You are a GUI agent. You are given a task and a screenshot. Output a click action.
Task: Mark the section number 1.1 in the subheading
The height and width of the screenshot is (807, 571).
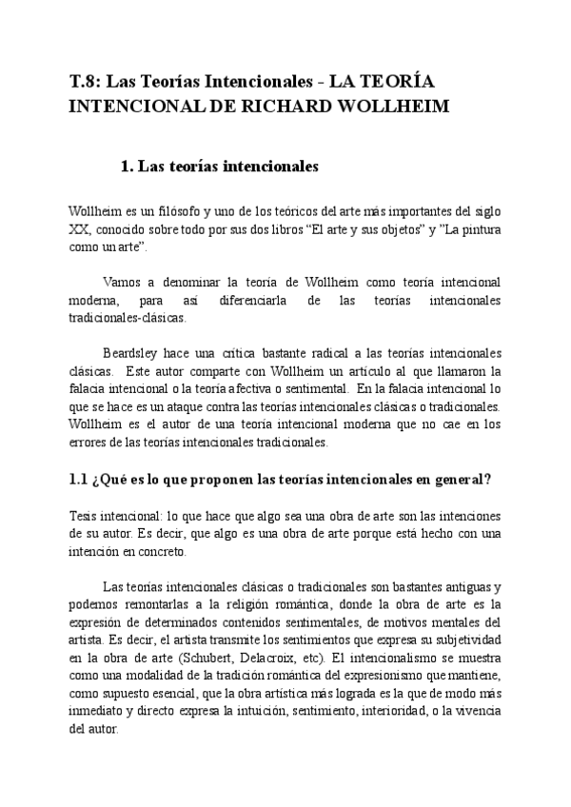pyautogui.click(x=79, y=480)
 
